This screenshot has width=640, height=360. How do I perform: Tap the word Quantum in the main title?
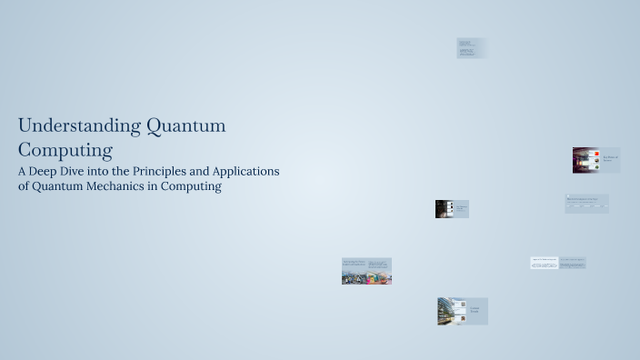click(x=185, y=125)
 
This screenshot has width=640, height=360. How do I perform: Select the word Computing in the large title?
click(x=65, y=149)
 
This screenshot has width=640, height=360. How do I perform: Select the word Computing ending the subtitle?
click(x=192, y=186)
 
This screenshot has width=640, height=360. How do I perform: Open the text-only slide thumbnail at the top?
click(x=472, y=48)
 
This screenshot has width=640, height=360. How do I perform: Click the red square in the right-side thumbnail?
click(x=596, y=154)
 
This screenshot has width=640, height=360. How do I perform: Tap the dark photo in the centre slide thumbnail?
click(x=444, y=209)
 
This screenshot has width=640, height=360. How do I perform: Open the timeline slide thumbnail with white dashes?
click(x=586, y=204)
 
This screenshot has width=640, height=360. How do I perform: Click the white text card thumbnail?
click(x=544, y=263)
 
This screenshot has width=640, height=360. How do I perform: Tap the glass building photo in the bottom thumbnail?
click(x=452, y=311)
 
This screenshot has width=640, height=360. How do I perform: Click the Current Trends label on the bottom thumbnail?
click(x=475, y=311)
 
